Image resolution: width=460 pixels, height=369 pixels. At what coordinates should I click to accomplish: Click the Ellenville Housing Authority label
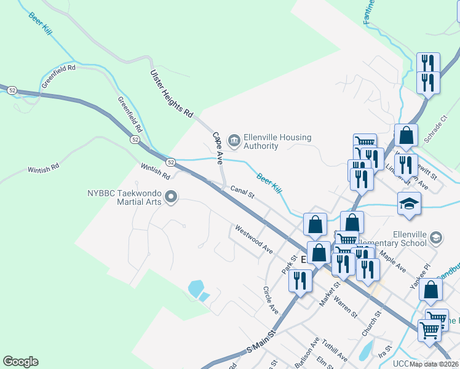tap(278, 141)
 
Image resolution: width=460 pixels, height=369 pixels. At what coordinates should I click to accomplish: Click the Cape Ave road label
tap(217, 148)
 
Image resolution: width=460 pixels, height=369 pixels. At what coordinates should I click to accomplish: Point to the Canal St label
tap(242, 192)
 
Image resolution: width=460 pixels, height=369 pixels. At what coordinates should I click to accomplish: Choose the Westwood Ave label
tap(253, 240)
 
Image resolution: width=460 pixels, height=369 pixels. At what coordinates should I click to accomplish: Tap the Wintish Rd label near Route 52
tap(155, 167)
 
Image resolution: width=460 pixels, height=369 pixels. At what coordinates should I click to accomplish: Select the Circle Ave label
tap(271, 299)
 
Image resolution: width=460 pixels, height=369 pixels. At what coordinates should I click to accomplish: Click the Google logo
tap(20, 362)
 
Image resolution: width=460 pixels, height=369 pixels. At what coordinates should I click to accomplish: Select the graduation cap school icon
tap(409, 203)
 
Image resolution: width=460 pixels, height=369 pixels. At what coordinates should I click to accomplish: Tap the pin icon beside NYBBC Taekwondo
tap(172, 197)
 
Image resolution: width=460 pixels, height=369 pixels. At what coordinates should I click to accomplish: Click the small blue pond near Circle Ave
tap(197, 288)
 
